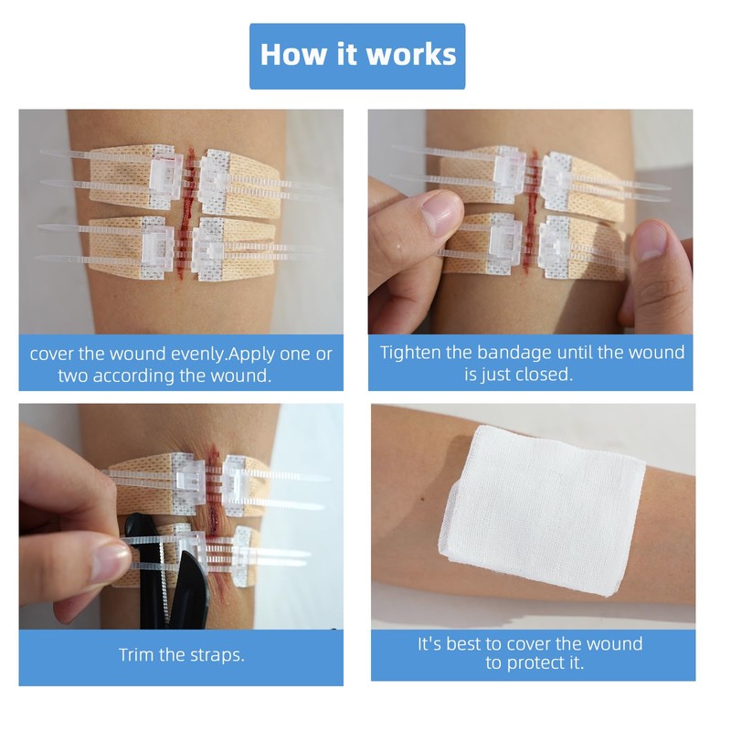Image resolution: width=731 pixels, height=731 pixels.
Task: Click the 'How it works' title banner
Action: [x=357, y=55]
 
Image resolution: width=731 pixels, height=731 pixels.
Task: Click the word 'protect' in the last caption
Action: [x=534, y=662]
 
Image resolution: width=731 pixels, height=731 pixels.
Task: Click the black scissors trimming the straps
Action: [x=174, y=585]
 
